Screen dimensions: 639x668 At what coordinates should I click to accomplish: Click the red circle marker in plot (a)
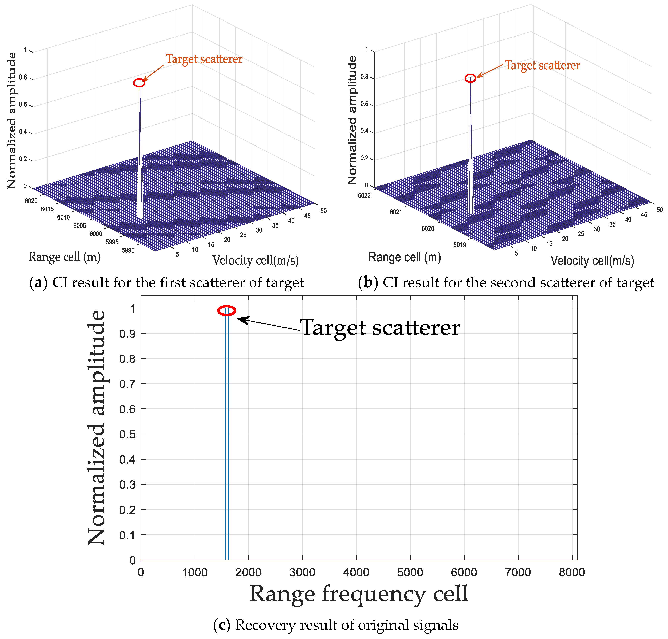tap(139, 83)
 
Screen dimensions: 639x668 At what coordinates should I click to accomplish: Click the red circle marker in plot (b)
tap(470, 78)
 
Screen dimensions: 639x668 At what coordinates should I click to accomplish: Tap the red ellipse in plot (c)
tap(227, 311)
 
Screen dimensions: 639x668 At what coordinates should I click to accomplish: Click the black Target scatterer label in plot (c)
tap(380, 328)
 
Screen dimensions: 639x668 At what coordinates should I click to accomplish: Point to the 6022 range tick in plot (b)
tap(364, 196)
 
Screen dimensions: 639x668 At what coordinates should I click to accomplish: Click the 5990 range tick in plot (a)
tap(128, 250)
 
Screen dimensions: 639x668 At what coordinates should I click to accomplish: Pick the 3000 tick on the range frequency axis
tap(302, 572)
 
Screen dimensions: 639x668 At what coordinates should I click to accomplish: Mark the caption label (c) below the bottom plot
tap(222, 625)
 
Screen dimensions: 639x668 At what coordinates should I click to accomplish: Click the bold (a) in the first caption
tap(38, 283)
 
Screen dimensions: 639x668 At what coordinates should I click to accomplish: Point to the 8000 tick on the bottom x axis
tap(572, 572)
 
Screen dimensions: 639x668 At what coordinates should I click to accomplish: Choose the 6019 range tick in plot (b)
tap(459, 245)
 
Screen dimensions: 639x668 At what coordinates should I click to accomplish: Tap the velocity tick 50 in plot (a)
tap(323, 211)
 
